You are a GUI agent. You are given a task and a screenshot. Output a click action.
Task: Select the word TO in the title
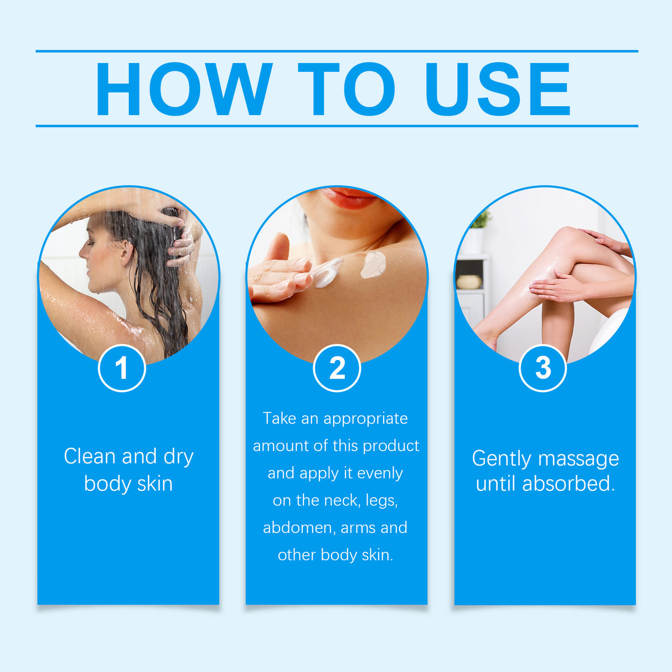coord(347,89)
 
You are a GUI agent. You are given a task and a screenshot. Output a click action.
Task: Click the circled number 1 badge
coord(122,368)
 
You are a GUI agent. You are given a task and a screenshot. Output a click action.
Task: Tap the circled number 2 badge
coord(337,368)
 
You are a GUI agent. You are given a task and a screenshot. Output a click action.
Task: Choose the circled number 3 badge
coord(543,368)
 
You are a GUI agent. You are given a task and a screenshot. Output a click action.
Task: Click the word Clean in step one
coord(90,457)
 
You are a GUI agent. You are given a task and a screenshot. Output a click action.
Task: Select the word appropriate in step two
coord(365,419)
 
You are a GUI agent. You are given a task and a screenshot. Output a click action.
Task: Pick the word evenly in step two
coord(380,473)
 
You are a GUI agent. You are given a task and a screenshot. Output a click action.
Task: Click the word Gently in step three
coord(502,459)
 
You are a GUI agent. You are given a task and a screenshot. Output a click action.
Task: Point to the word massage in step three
coord(578,459)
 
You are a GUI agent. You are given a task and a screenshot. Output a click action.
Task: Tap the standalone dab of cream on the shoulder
coord(373,264)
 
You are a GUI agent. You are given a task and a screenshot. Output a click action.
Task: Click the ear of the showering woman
coord(127,251)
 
